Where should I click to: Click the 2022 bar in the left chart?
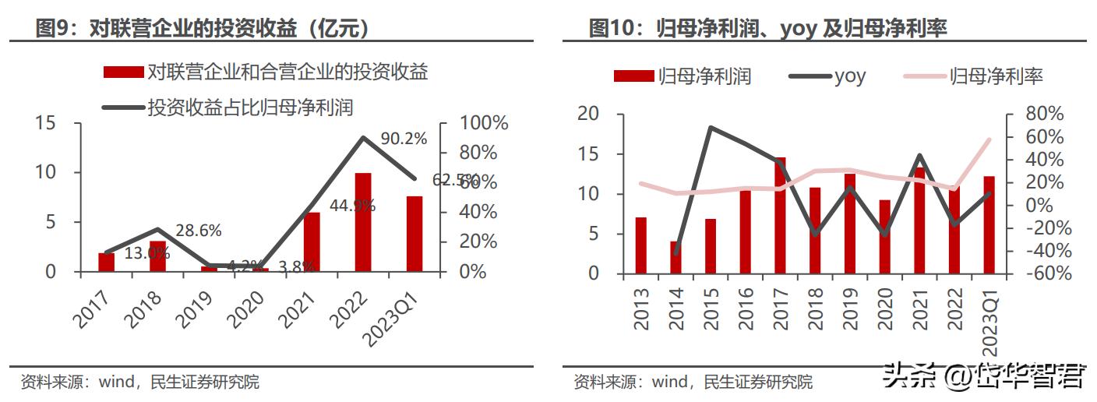(x=362, y=222)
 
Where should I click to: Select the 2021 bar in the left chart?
(x=312, y=242)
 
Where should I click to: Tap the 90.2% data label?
(x=404, y=139)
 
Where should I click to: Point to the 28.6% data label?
(x=198, y=231)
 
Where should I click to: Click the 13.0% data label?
(x=146, y=252)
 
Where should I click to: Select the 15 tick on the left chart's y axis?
(x=45, y=123)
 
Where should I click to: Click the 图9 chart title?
(x=203, y=29)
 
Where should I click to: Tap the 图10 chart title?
(x=767, y=29)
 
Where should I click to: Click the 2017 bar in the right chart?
(x=780, y=215)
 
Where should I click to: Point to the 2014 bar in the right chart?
(x=675, y=257)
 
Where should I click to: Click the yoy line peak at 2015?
(x=711, y=127)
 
